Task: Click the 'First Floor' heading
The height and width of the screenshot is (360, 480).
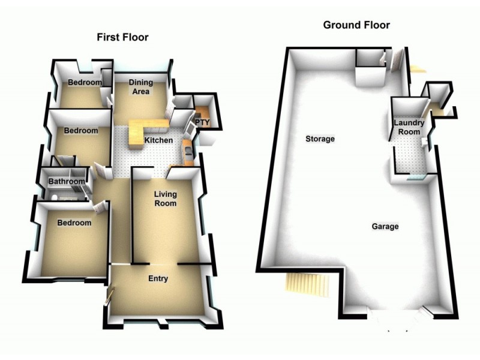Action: coord(123,37)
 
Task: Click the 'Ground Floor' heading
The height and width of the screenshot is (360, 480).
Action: coord(356,25)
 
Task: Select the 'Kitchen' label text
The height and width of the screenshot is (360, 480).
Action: coord(159,140)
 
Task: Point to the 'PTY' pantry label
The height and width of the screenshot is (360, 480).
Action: coord(202,122)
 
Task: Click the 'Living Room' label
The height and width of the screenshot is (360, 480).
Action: coord(165,199)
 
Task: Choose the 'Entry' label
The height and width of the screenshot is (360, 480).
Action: coord(158,279)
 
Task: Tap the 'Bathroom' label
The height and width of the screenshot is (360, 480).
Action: coord(66,181)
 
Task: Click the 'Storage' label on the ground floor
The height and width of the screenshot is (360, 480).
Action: coord(320,139)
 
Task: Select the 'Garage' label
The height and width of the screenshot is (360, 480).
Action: coord(385,227)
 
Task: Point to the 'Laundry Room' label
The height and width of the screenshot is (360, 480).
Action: coord(409,127)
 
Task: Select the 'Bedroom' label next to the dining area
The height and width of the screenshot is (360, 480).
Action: coord(83,83)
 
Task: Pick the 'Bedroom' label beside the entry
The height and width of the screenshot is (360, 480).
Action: coord(74,223)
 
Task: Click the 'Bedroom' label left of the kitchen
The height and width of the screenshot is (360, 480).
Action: coord(81,131)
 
